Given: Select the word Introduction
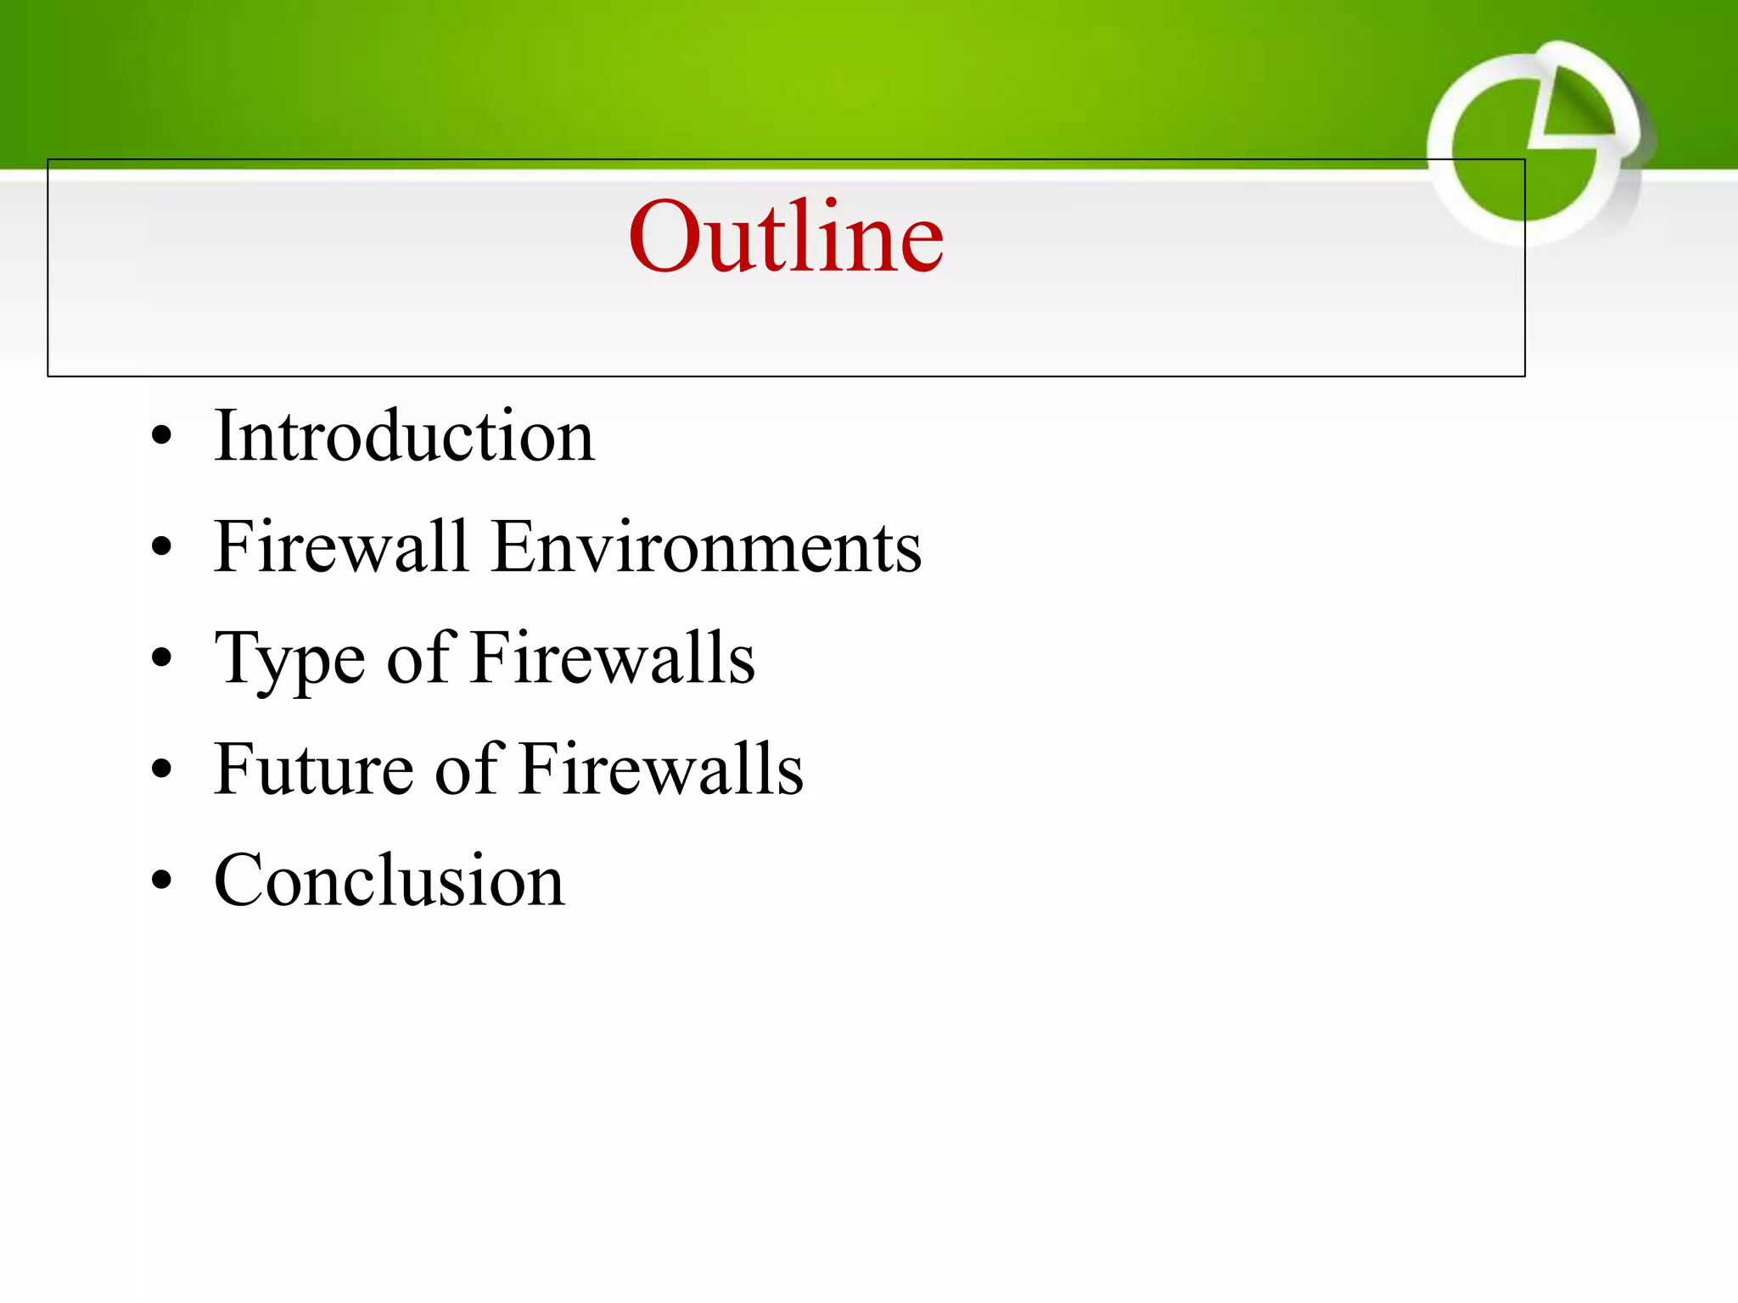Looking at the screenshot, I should (404, 436).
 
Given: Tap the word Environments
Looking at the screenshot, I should (706, 547).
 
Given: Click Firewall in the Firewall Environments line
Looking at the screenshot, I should (341, 547).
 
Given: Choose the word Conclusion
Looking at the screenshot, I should (390, 881).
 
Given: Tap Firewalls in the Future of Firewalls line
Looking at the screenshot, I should (661, 769).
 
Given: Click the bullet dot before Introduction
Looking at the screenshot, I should (161, 438).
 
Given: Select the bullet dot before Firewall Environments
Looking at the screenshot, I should (161, 549).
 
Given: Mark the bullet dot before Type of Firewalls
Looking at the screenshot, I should (161, 659).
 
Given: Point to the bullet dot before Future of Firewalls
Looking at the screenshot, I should (161, 770).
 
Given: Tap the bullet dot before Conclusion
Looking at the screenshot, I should (161, 881).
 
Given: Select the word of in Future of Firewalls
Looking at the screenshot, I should (468, 769).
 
